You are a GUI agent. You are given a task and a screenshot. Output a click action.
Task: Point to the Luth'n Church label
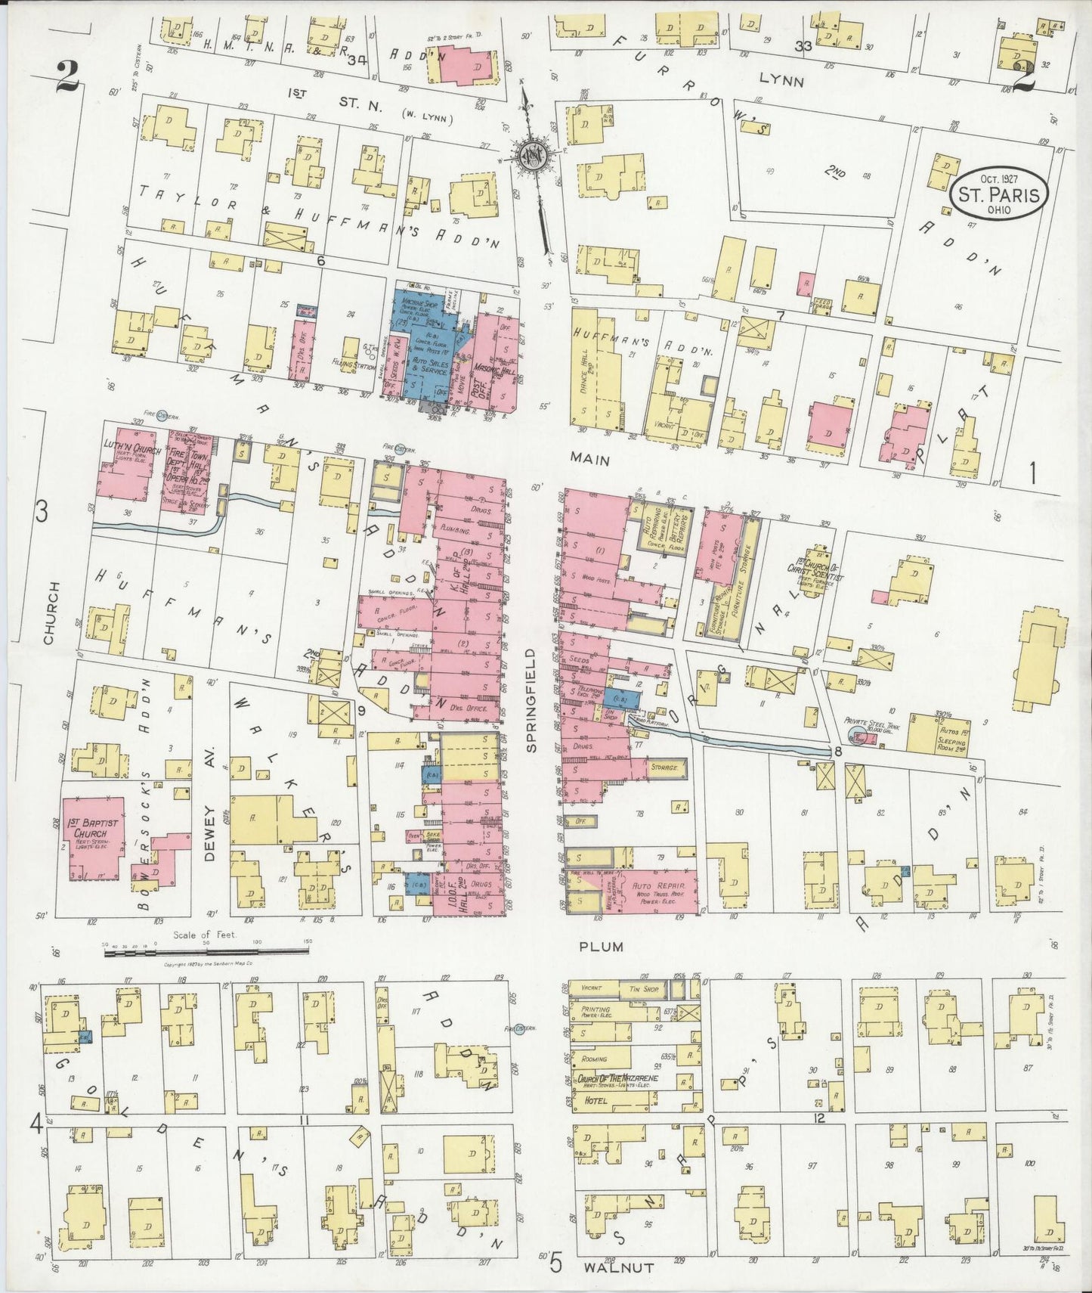[x=122, y=445]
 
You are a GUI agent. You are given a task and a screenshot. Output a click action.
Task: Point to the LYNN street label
[x=782, y=79]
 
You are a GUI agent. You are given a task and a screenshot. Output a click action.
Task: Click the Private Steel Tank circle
[x=857, y=736]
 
